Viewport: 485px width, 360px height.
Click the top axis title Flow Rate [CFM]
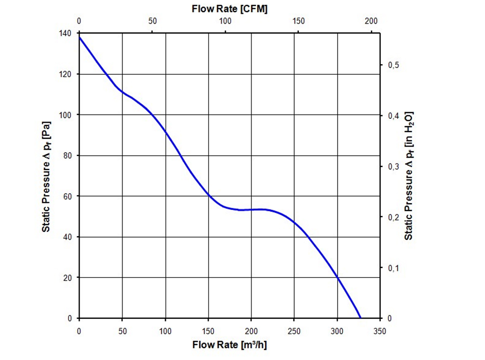[x=230, y=8]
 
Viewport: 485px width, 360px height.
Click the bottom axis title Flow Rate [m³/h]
[x=230, y=345]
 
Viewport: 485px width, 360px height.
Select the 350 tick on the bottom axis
[x=380, y=331]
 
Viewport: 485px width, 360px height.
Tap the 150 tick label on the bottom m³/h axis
[x=209, y=331]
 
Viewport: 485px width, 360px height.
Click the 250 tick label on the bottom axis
[x=294, y=331]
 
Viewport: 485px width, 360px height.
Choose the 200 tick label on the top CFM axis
[x=371, y=21]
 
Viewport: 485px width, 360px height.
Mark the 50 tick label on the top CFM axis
[x=152, y=21]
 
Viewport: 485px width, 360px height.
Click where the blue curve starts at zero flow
[x=80, y=37]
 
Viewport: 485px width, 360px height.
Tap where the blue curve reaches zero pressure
[x=360, y=318]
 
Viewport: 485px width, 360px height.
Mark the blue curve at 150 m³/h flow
[x=209, y=195]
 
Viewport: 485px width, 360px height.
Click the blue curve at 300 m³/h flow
[x=338, y=278]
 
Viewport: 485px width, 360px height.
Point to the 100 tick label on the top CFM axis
[x=225, y=21]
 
